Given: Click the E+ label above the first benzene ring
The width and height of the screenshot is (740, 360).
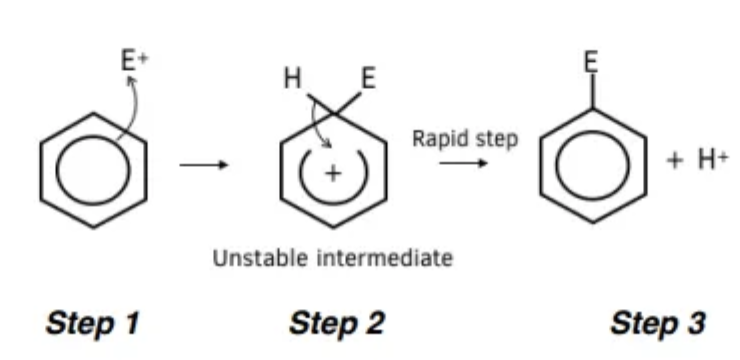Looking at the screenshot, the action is [x=135, y=60].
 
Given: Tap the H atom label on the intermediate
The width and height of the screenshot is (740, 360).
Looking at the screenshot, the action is [x=293, y=78].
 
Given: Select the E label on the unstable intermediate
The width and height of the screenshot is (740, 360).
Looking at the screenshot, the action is [x=369, y=78].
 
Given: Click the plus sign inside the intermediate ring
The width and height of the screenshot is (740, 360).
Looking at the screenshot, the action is [x=333, y=174].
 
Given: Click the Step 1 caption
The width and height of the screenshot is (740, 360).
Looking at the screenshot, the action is [x=92, y=324].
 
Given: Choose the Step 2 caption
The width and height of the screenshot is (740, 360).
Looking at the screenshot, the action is [x=337, y=324].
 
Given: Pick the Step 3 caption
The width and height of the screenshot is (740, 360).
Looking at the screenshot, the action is [x=658, y=324].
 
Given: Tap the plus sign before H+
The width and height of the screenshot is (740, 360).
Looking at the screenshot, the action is [x=675, y=161].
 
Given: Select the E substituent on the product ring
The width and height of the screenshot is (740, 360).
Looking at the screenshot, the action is [x=591, y=62].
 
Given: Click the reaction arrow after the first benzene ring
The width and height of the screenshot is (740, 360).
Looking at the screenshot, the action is [x=204, y=165].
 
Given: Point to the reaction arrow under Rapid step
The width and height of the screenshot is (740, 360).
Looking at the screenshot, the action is [x=463, y=163].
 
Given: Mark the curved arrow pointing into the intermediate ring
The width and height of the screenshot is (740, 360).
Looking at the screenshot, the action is [x=315, y=124].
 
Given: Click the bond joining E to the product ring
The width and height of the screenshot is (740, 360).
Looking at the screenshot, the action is [x=592, y=91].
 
